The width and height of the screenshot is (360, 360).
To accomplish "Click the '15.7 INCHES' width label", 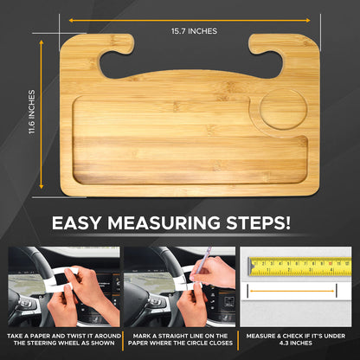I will pyautogui.click(x=190, y=31).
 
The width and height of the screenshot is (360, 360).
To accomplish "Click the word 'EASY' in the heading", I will pyautogui.click(x=84, y=222).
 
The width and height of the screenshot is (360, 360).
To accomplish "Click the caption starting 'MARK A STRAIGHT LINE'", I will pyautogui.click(x=179, y=337).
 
